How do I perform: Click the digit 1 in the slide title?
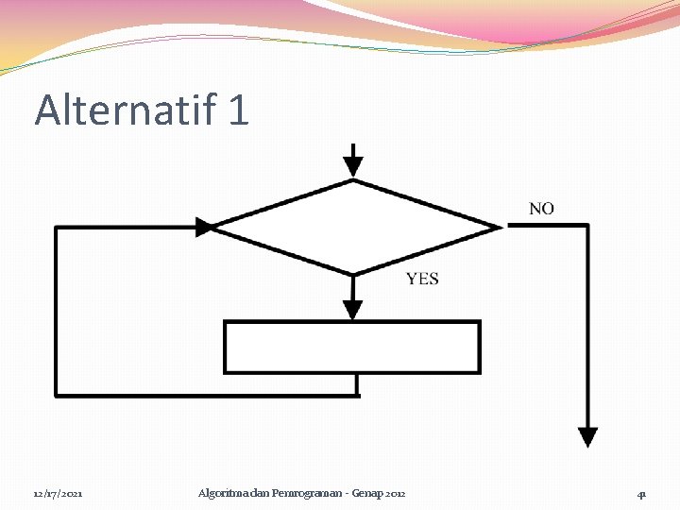point(237,110)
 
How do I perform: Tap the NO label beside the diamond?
point(541,208)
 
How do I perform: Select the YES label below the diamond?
point(422,279)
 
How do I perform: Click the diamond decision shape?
point(353,227)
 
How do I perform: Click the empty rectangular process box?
point(351,347)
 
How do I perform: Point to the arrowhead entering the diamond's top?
point(352,167)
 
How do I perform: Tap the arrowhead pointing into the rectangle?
point(352,310)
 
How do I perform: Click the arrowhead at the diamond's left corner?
point(204,227)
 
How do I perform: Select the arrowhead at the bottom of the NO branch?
point(587,436)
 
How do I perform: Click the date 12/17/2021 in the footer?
point(58,494)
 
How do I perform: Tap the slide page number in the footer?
point(641,494)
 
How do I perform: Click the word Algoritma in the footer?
point(221,493)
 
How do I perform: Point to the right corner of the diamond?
point(499,227)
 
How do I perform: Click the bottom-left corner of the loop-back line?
point(58,394)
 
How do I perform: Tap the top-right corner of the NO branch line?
point(587,225)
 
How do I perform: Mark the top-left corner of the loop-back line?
point(58,227)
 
